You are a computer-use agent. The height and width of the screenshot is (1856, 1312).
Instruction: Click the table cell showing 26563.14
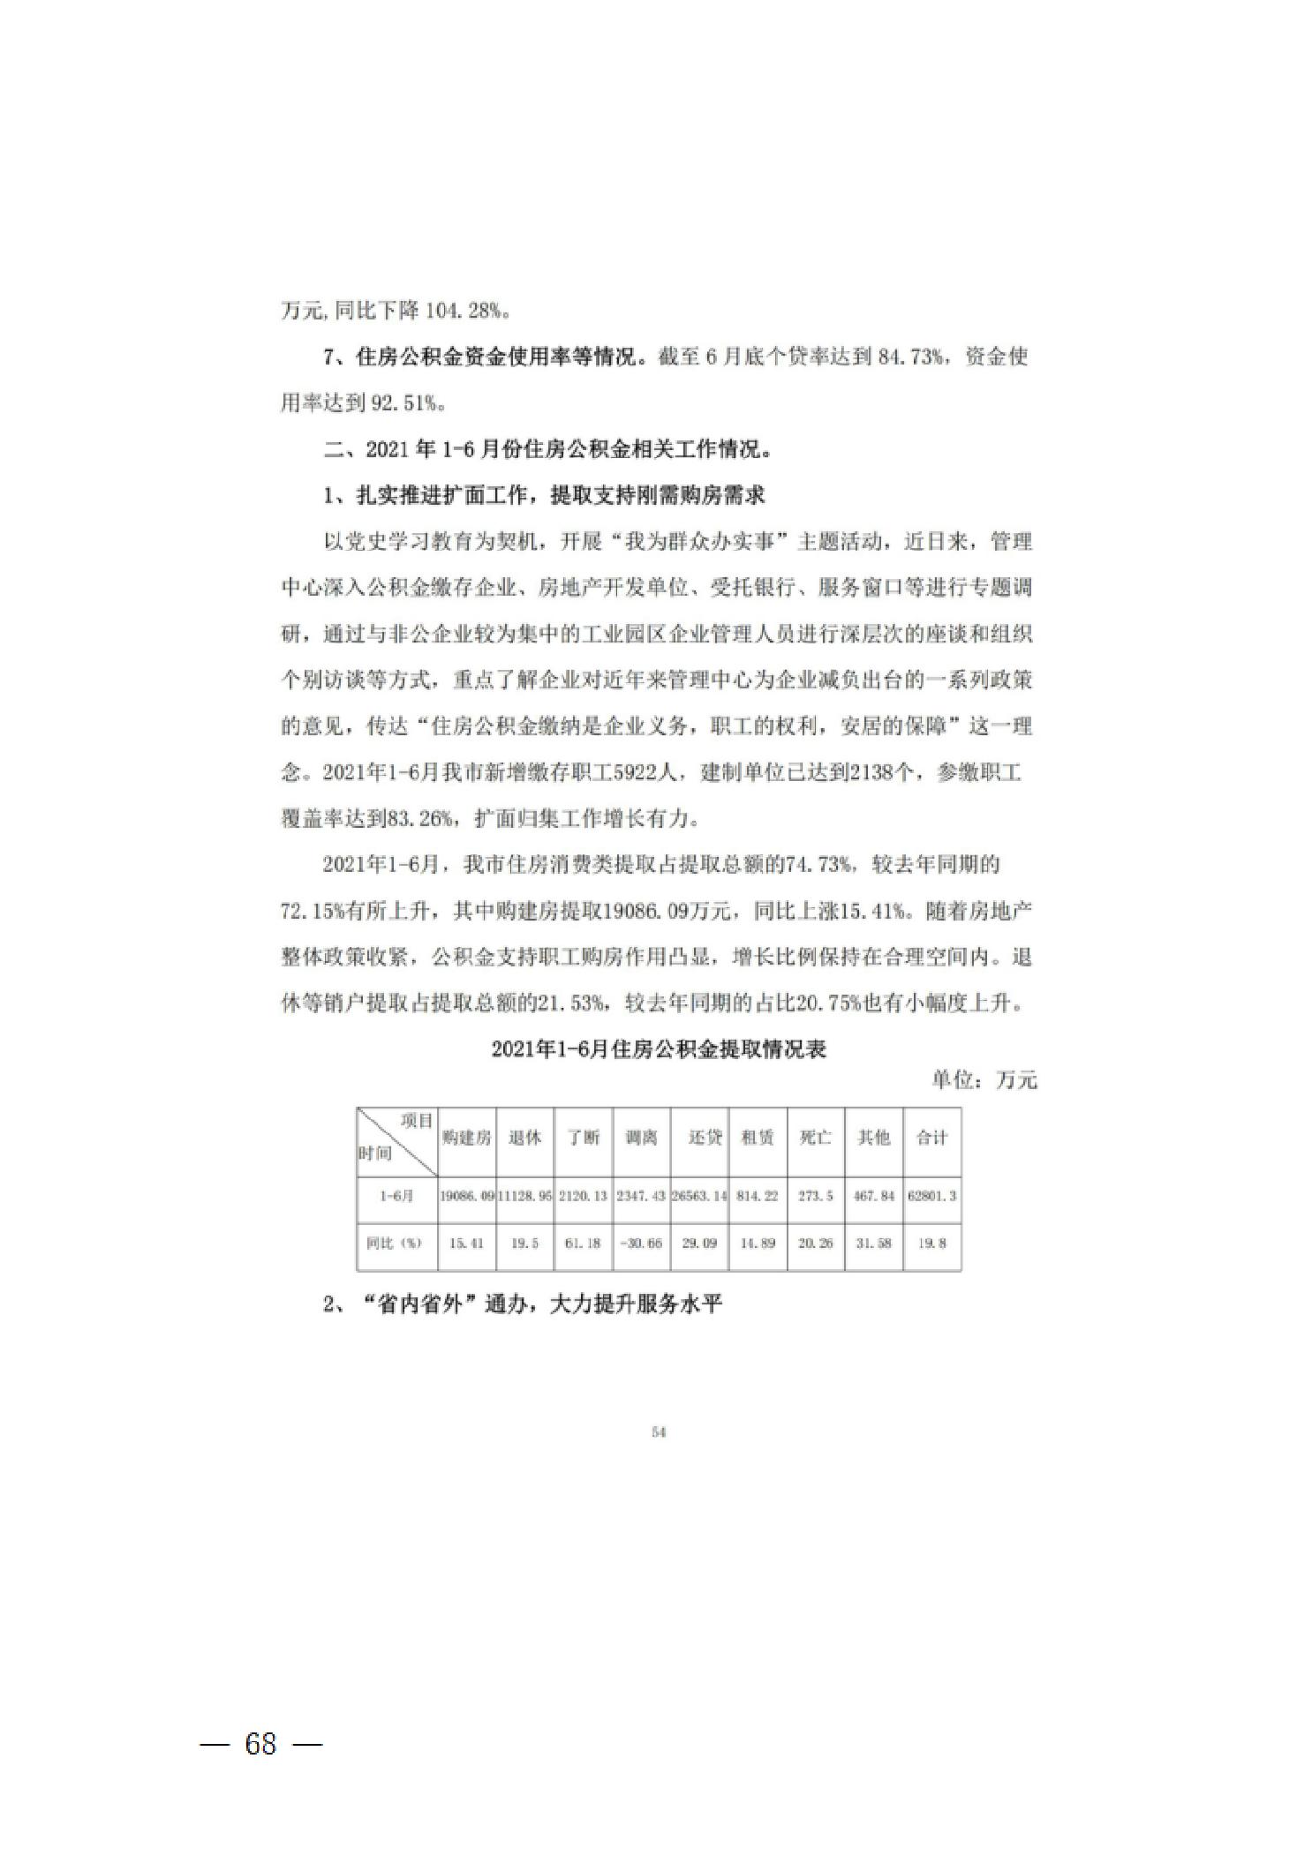click(x=698, y=1197)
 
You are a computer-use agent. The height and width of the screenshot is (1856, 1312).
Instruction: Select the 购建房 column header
click(x=466, y=1138)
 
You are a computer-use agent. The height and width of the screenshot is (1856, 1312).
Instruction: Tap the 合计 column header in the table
click(x=931, y=1138)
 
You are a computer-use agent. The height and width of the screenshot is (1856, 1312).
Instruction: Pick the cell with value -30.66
click(x=641, y=1244)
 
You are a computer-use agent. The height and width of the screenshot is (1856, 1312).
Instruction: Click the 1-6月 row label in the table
click(x=396, y=1197)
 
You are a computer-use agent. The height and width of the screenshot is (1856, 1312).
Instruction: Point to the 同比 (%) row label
click(x=395, y=1244)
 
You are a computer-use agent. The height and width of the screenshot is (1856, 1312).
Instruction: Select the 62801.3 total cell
click(x=931, y=1197)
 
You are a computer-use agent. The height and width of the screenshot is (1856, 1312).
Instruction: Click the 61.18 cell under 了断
click(x=583, y=1244)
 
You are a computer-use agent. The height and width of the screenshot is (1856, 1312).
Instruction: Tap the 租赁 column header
click(x=758, y=1138)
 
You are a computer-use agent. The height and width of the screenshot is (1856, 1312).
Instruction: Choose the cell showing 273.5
click(x=815, y=1197)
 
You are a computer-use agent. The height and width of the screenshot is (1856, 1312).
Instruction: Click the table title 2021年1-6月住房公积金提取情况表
click(x=659, y=1049)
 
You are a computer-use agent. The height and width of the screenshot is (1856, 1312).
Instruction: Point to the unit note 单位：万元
click(x=984, y=1080)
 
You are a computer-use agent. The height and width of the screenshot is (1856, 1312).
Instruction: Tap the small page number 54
click(x=658, y=1433)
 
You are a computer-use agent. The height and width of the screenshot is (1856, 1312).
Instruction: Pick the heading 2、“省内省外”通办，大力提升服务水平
click(x=523, y=1304)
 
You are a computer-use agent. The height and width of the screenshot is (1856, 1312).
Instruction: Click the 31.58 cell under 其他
click(x=874, y=1244)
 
